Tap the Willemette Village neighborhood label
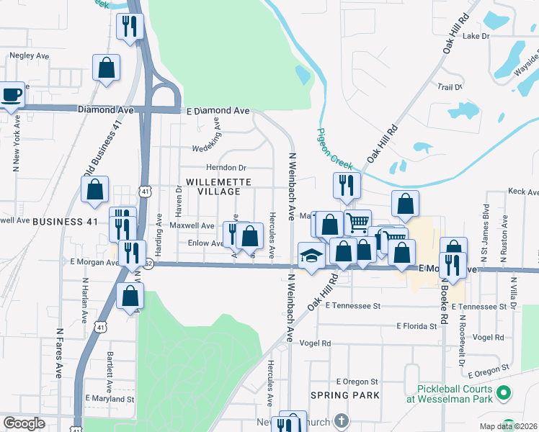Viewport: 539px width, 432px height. pos(213,187)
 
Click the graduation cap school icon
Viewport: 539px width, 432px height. pos(311,256)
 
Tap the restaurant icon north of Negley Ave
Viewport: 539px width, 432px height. pos(130,27)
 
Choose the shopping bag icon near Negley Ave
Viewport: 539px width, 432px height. pos(107,68)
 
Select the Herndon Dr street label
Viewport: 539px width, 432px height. pos(232,167)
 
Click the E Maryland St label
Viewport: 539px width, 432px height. pos(110,398)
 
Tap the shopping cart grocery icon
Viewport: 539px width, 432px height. pos(357,221)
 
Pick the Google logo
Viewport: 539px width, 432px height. pos(24,423)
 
